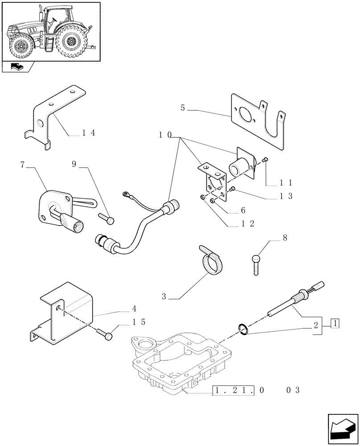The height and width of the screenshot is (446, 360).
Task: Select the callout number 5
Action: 183,108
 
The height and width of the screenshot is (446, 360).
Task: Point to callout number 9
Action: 74,165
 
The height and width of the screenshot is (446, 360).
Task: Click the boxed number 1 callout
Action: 335,323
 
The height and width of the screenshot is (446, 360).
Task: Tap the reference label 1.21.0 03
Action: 257,390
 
